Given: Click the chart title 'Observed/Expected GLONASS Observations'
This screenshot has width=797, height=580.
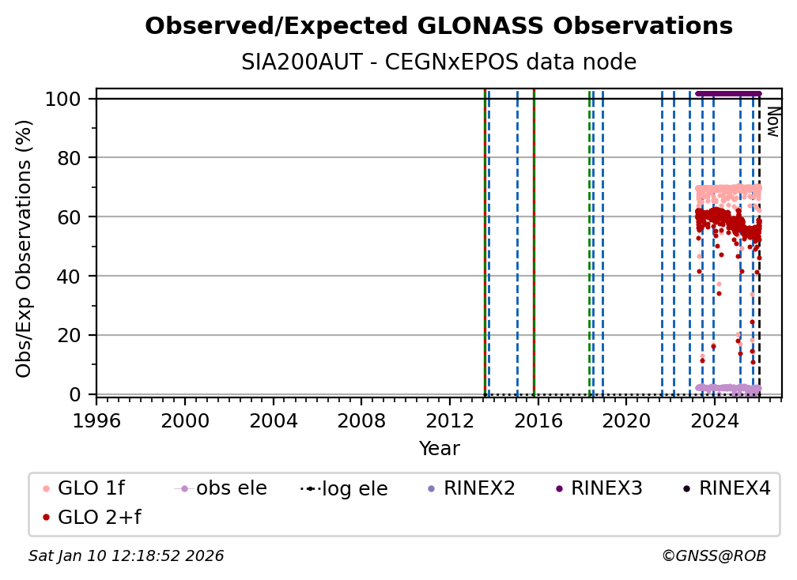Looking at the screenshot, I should (439, 26).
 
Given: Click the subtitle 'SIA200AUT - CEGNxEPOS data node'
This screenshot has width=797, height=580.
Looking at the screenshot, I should (439, 62).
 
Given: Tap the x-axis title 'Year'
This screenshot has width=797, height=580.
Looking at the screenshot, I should (439, 449).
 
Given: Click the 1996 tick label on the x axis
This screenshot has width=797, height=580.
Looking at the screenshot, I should (96, 421).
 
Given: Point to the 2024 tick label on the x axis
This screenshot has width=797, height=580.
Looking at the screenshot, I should (714, 421).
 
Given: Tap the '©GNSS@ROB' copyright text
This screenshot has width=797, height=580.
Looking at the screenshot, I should (713, 556).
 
